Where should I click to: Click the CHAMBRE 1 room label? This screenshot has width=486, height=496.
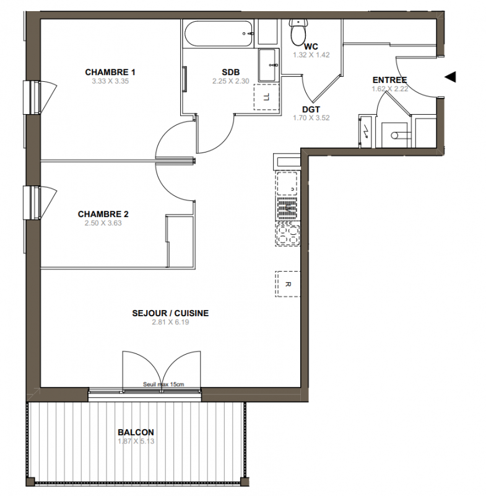tap(110, 72)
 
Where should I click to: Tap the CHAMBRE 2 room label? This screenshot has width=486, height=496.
tap(103, 214)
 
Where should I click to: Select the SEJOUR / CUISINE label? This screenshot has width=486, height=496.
tap(170, 313)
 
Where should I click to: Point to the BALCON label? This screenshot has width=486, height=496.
tap(136, 432)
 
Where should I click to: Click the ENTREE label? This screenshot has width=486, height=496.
tap(389, 80)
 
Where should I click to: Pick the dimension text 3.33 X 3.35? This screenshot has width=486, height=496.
tap(110, 81)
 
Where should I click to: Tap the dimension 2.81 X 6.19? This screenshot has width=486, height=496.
tap(170, 322)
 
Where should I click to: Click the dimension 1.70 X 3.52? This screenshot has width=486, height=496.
tap(311, 118)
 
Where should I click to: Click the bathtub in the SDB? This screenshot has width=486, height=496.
tap(218, 34)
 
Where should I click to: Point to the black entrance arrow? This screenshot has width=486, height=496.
tap(450, 77)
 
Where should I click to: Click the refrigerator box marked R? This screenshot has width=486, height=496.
tap(287, 284)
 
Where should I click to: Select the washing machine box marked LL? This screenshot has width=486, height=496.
tap(267, 97)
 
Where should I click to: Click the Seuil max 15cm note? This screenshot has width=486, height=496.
tap(163, 384)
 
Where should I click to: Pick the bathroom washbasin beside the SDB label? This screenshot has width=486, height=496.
tap(269, 65)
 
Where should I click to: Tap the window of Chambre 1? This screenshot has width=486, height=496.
tap(32, 97)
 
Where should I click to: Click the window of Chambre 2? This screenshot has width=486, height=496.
tap(32, 203)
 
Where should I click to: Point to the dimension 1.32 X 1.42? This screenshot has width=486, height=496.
tap(311, 55)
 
